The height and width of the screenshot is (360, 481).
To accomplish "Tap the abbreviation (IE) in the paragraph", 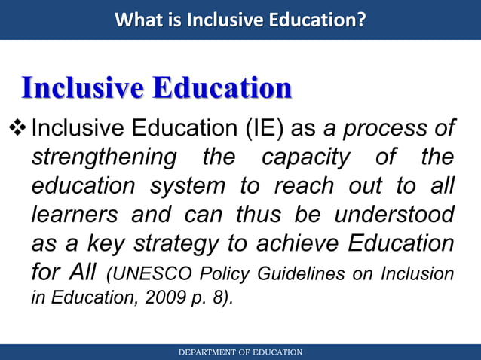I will tap(262, 128).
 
